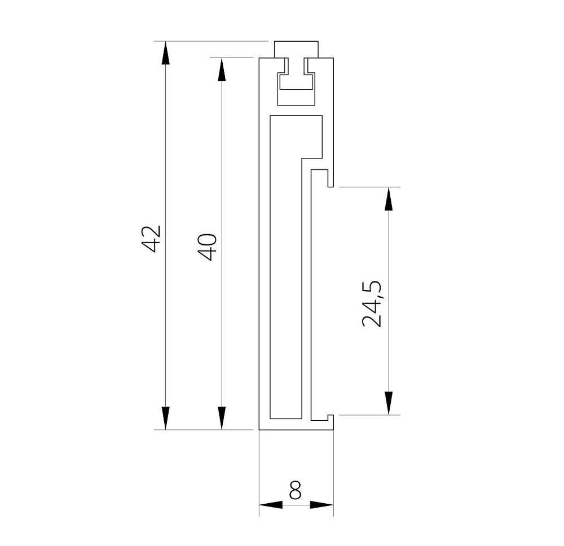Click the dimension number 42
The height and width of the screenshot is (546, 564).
click(151, 239)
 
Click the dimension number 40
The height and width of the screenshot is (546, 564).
click(208, 246)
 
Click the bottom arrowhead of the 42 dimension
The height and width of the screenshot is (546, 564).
click(165, 418)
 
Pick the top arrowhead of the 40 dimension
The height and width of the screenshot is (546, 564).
click(222, 69)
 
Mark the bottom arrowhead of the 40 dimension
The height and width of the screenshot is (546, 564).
click(222, 418)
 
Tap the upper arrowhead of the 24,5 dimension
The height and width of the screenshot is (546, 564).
click(389, 199)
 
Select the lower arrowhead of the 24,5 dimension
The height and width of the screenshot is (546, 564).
click(389, 403)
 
